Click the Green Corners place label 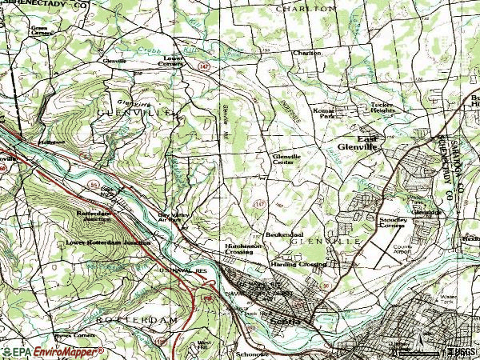pyautogui.click(x=39, y=31)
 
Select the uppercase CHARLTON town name pyautogui.click(x=306, y=7)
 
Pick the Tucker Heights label pyautogui.click(x=383, y=108)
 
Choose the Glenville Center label pyautogui.click(x=289, y=159)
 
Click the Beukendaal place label pyautogui.click(x=282, y=234)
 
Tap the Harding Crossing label pyautogui.click(x=298, y=263)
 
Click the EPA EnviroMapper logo pyautogui.click(x=52, y=351)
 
